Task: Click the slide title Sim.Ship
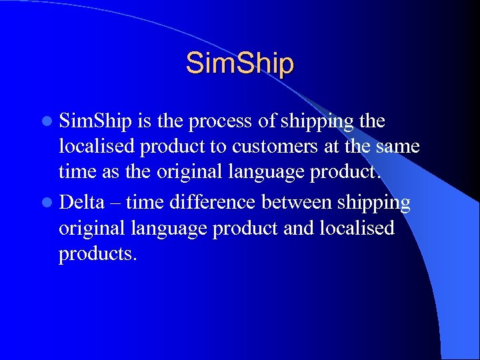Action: (x=239, y=64)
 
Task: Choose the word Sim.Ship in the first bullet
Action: (x=96, y=122)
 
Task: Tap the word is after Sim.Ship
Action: (x=145, y=121)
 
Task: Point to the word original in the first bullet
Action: (x=187, y=172)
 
